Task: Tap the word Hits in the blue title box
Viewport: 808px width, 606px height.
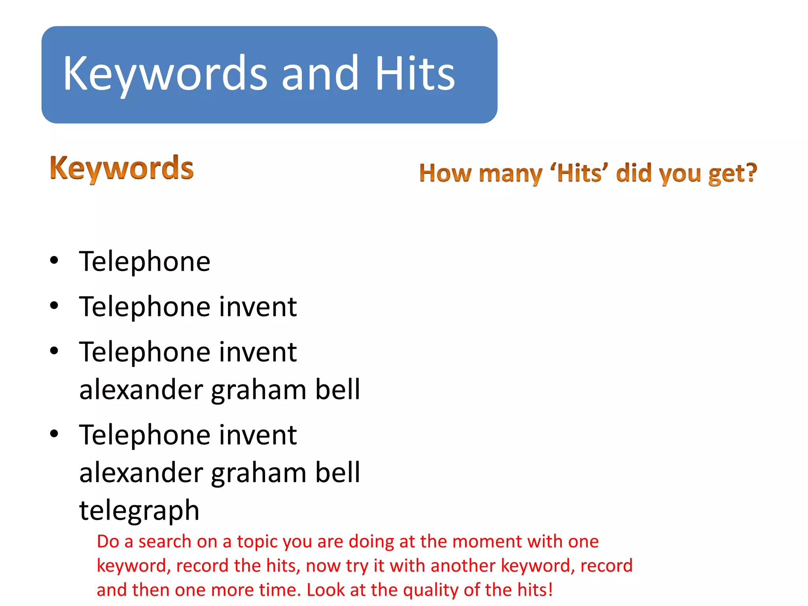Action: tap(415, 74)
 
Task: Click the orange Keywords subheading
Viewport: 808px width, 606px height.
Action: tap(122, 168)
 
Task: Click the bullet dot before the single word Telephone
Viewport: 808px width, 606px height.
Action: tap(54, 260)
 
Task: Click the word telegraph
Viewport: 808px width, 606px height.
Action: tap(139, 511)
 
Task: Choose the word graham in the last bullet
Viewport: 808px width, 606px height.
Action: tap(258, 473)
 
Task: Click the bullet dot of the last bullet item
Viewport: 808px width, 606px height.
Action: tap(54, 434)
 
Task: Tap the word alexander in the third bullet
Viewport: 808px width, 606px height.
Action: tap(141, 389)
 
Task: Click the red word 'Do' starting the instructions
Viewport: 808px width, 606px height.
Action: tap(108, 542)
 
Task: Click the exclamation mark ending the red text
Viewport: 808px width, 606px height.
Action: tap(550, 589)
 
